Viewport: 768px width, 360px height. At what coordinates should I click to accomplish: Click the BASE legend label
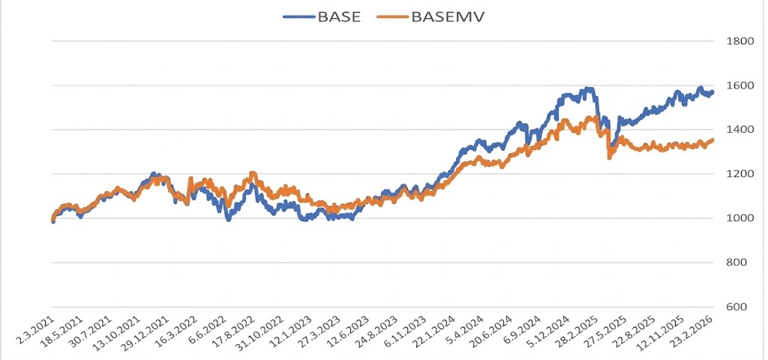340,16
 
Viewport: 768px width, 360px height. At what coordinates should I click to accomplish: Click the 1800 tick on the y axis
738,41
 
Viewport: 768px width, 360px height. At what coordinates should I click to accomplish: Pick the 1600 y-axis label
738,85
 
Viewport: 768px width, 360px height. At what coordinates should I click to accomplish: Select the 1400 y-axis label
738,130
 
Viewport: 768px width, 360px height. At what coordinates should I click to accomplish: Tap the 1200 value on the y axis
738,174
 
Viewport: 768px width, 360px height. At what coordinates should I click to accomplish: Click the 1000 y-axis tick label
738,218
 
